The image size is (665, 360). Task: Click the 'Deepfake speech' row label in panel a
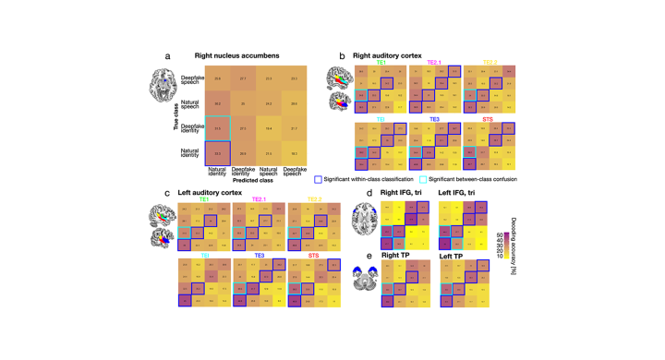pyautogui.click(x=190, y=81)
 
